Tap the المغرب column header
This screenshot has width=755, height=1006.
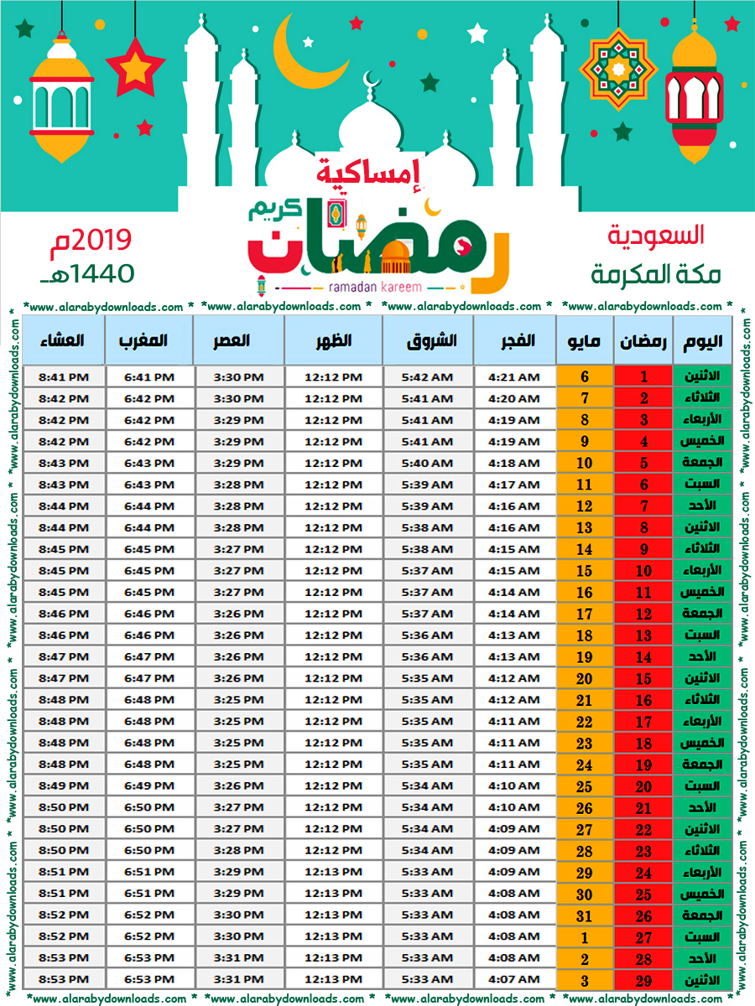(148, 341)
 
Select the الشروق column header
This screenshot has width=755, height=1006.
(431, 341)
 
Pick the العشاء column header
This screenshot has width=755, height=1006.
(62, 341)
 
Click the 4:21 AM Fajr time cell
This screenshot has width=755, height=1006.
(513, 377)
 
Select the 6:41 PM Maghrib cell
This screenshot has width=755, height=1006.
(149, 377)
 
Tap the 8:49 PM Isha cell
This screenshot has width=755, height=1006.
(62, 786)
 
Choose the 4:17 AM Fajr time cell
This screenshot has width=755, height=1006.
(513, 485)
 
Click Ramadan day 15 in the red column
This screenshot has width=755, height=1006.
(643, 678)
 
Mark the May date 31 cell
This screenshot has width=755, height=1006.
(585, 915)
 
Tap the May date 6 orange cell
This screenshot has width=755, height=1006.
(585, 377)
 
